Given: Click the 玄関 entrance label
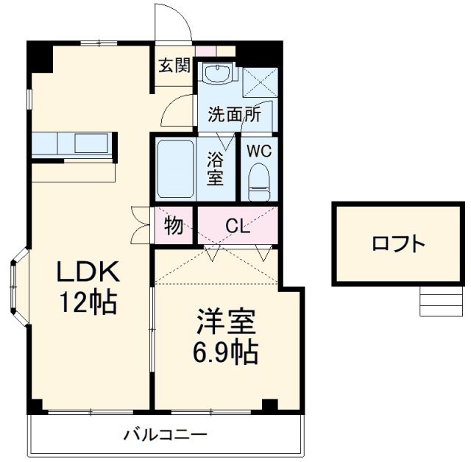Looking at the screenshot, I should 174,65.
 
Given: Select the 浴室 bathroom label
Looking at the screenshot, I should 216,168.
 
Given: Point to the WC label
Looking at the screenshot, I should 259,151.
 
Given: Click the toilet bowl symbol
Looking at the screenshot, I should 259,180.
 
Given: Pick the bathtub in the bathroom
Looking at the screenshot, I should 175,169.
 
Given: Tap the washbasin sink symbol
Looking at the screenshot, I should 218,74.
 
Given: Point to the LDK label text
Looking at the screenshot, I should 88,271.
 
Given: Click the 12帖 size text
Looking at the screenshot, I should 88,301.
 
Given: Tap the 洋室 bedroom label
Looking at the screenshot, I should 225,324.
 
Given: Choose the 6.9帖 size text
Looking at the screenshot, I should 225,354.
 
